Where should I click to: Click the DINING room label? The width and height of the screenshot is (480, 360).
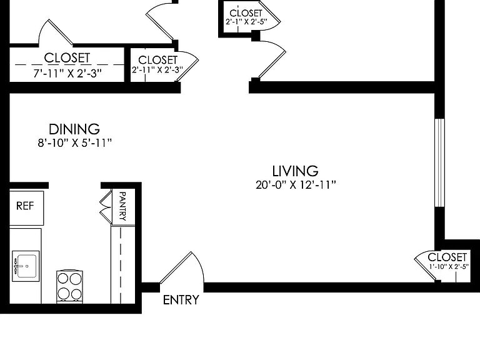tap(74, 129)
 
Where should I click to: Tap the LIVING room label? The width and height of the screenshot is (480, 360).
tap(296, 171)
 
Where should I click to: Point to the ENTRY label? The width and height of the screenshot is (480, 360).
tap(181, 300)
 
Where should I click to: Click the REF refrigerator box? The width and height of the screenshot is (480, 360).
tap(27, 208)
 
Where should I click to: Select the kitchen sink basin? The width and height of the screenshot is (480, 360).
tap(26, 266)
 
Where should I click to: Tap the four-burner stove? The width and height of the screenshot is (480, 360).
tap(70, 286)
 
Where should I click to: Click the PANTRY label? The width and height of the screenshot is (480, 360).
tap(122, 206)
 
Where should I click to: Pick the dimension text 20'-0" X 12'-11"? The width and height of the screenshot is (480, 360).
tap(296, 185)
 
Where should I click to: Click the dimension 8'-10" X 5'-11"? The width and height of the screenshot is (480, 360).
tap(75, 143)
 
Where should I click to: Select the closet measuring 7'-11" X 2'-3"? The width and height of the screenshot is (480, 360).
tap(67, 64)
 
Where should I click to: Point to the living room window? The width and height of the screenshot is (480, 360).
tap(439, 162)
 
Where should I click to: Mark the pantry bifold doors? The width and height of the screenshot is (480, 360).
tap(106, 207)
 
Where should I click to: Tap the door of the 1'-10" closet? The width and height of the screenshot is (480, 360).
tap(425, 265)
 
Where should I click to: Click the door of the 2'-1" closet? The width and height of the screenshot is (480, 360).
tap(269, 15)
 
